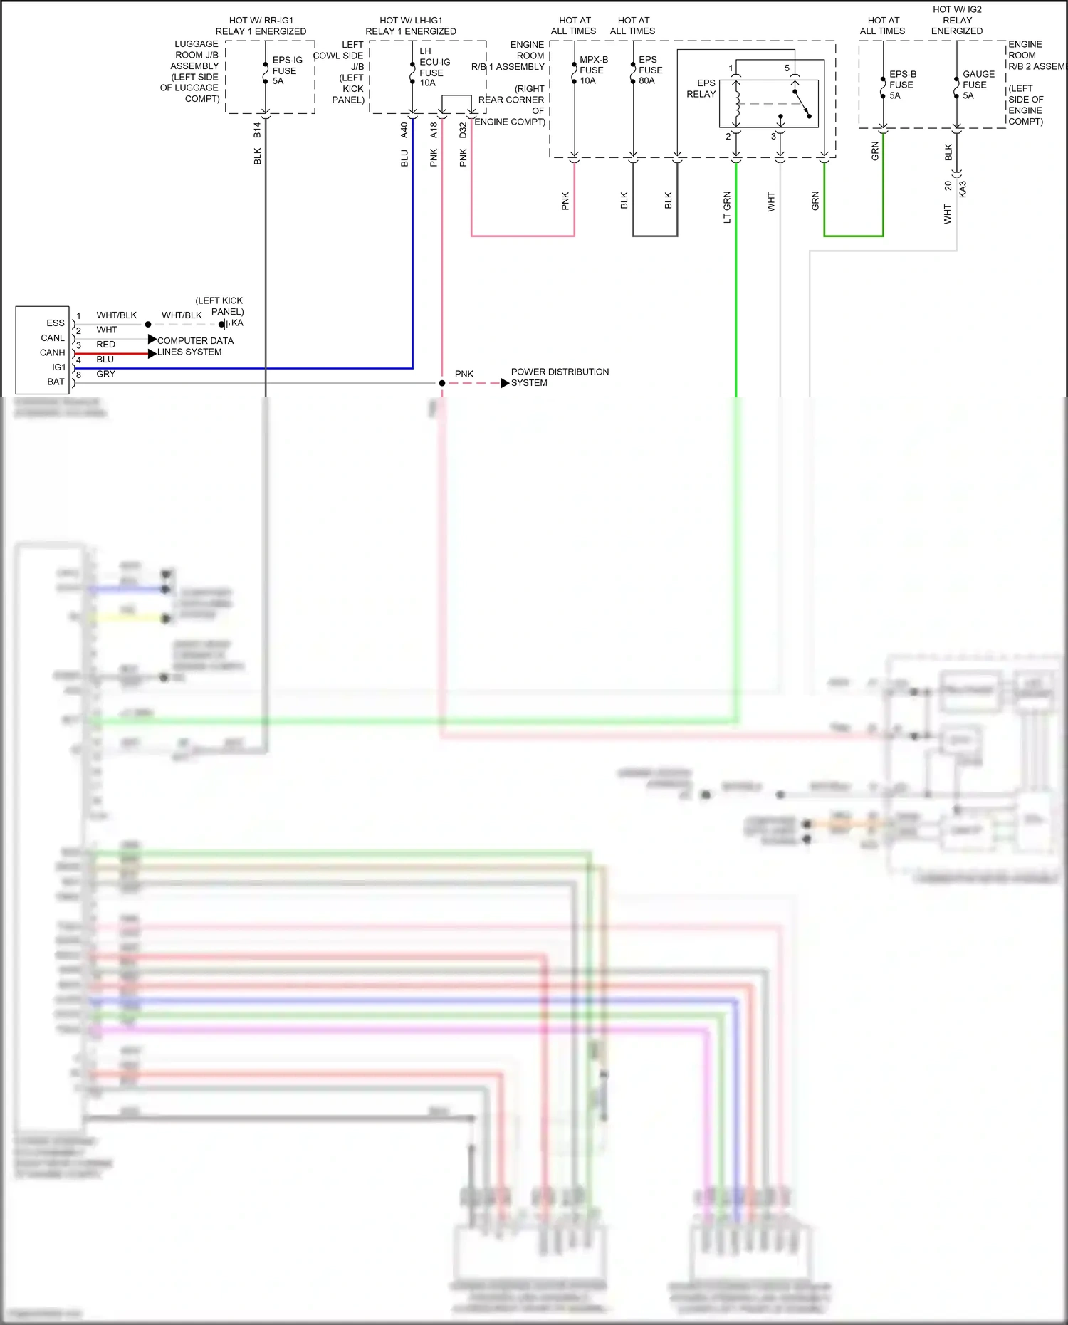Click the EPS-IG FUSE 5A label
(x=287, y=70)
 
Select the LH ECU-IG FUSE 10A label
(x=434, y=68)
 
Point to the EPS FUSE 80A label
(x=649, y=70)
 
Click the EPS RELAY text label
(x=701, y=88)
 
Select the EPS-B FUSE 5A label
(x=902, y=85)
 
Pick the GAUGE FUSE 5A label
(x=978, y=85)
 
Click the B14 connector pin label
(x=257, y=130)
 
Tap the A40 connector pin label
(x=404, y=130)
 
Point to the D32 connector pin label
(x=463, y=130)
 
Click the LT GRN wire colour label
(x=727, y=207)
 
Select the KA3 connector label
(x=963, y=189)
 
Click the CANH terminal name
(x=52, y=352)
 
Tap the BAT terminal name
(x=56, y=382)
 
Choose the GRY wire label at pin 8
(x=105, y=374)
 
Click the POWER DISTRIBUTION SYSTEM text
(x=559, y=377)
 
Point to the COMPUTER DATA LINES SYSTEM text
(x=194, y=346)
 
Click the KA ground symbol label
(x=237, y=323)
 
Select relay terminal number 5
(x=787, y=68)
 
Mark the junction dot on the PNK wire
(x=442, y=383)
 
